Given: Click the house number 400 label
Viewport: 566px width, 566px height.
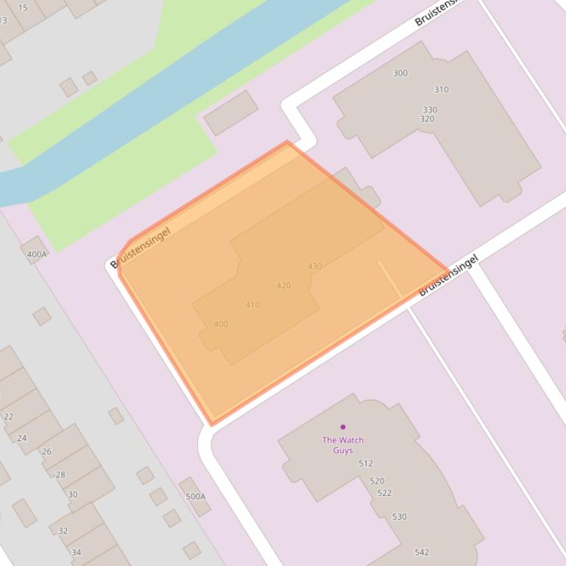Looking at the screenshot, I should coord(221,324).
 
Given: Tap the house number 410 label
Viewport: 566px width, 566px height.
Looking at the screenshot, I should coord(252,305).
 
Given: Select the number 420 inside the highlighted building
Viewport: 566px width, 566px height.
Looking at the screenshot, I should coord(283,285).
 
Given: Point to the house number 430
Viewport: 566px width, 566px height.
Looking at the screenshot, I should coord(315,266).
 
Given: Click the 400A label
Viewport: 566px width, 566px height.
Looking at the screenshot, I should coord(37,255).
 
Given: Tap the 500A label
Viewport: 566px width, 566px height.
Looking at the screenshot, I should coord(196,497).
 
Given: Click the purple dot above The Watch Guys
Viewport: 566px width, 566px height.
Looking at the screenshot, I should coord(343,426).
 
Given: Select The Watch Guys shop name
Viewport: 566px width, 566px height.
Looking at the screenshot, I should coord(343,445).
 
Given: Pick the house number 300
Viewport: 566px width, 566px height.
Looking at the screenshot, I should coord(400,73).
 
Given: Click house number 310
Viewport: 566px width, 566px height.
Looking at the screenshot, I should coord(441,90).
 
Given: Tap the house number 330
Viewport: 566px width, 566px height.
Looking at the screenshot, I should coord(430,110).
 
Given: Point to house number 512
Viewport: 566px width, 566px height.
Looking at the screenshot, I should coord(366,464).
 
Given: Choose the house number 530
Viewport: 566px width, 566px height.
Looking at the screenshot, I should coord(399,517).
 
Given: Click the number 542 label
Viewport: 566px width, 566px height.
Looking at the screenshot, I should coord(422,552).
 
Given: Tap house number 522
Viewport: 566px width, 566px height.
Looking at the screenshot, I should coord(384,493).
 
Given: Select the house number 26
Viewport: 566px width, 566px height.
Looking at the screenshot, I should coord(46,451).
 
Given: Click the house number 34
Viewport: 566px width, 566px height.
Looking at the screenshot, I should coord(76,552).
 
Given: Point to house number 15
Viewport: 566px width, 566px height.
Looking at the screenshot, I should coord(23,8).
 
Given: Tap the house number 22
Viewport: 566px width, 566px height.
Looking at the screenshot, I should coord(9,417).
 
